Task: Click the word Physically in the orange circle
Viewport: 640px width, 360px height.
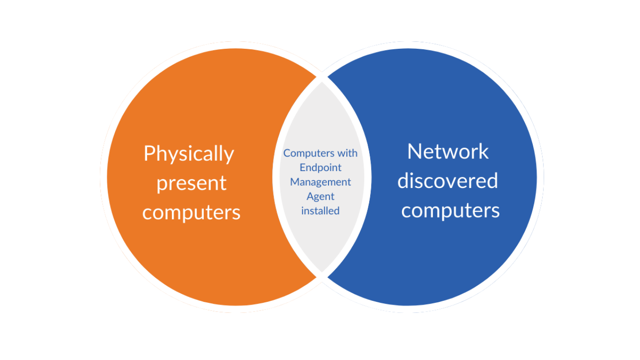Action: pos(188,154)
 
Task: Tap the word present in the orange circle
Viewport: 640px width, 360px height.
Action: pos(191,183)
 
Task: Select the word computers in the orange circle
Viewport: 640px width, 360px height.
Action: pos(191,212)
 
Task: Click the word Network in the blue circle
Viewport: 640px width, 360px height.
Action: pos(448,151)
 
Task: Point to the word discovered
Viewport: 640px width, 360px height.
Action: pos(447,180)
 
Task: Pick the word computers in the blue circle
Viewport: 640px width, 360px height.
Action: pos(450,210)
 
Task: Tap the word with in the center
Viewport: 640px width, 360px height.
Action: pos(347,153)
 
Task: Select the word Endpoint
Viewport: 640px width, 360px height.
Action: pos(320,167)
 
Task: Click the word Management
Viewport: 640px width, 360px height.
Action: pos(320,182)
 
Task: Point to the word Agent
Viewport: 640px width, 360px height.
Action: pos(320,196)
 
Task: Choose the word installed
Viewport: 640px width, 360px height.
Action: pos(320,211)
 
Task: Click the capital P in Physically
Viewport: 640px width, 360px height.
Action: pos(149,154)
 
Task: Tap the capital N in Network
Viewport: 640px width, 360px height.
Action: pos(414,151)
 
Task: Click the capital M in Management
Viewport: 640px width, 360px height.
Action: pos(295,181)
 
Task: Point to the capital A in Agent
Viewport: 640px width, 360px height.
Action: pos(310,196)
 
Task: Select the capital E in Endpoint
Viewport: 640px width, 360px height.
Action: pos(303,167)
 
